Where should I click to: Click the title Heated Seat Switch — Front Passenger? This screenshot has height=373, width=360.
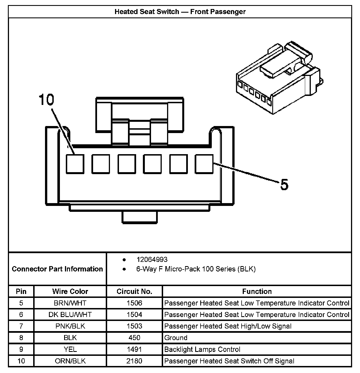(x=180, y=12)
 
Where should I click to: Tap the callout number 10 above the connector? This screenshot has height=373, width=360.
(x=46, y=100)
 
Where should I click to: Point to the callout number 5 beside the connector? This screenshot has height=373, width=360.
(x=284, y=185)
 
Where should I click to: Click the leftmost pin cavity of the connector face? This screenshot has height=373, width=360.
(x=75, y=164)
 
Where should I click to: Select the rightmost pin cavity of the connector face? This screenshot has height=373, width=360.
(x=204, y=164)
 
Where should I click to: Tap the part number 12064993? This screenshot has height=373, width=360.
(x=152, y=259)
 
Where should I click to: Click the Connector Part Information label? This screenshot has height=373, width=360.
(x=57, y=269)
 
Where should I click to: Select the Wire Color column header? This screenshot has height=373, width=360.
(x=70, y=291)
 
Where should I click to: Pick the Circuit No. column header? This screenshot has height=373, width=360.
(x=134, y=291)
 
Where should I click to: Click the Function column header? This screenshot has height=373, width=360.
(x=257, y=291)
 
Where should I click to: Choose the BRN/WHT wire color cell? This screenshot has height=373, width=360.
(x=70, y=303)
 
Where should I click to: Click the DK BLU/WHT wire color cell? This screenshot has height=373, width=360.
(x=70, y=314)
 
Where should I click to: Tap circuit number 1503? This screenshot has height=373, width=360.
(x=134, y=326)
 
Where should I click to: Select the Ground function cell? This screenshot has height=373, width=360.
(x=176, y=338)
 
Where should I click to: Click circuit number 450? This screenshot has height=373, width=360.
(x=134, y=338)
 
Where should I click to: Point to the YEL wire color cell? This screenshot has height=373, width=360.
(x=70, y=349)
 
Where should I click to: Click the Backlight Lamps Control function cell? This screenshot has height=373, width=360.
(x=202, y=349)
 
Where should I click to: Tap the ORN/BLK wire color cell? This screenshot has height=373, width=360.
(x=70, y=361)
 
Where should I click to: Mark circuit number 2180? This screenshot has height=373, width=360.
(x=134, y=361)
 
